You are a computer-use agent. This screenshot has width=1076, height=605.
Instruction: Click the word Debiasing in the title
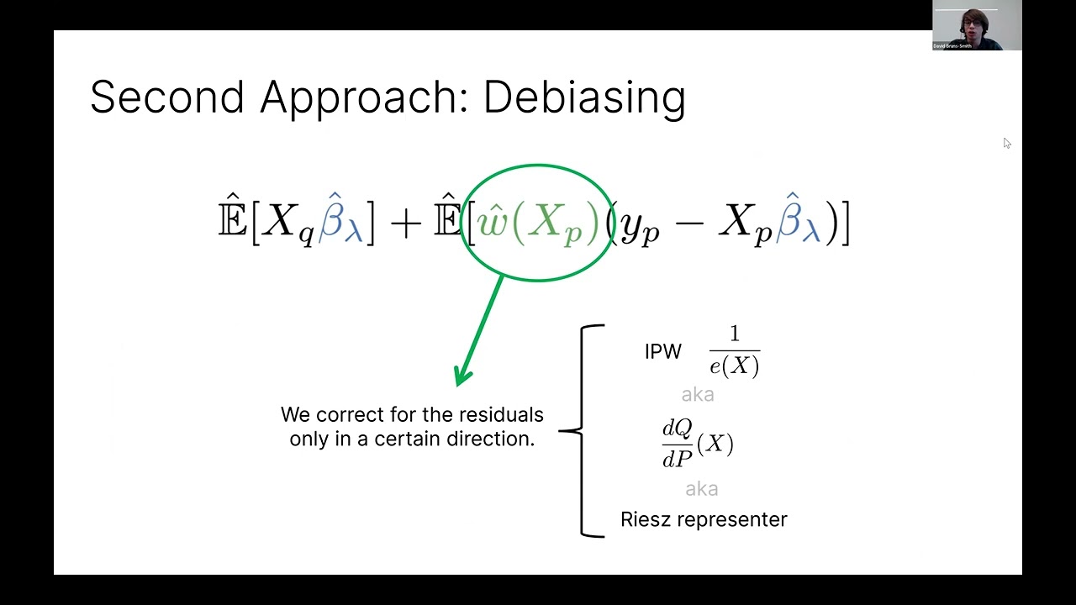[584, 97]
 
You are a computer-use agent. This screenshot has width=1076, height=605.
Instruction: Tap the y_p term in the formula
[637, 227]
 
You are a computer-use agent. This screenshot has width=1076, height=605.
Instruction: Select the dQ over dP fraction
[678, 444]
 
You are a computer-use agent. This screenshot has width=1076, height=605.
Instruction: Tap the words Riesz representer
[704, 519]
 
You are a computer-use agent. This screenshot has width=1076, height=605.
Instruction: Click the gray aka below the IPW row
[698, 394]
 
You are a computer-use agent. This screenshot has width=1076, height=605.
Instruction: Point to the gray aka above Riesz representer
[702, 489]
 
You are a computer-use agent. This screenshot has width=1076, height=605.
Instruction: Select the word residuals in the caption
[503, 415]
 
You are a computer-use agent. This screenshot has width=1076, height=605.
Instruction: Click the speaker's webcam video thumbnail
[977, 25]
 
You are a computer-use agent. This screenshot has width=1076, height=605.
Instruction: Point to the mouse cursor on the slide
[1006, 143]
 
